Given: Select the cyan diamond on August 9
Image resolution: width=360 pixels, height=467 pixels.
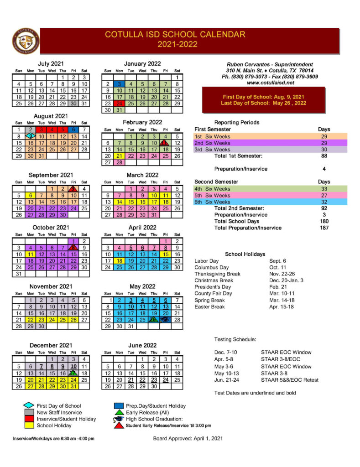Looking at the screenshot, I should click(30, 136).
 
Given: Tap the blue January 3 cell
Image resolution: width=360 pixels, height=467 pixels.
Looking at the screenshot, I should click(119, 84).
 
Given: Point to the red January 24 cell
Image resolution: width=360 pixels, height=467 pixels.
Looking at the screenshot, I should click(119, 104).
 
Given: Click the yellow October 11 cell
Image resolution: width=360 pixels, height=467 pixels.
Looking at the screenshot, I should click(30, 254).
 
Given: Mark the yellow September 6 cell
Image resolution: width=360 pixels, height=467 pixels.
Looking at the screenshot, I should click(30, 195).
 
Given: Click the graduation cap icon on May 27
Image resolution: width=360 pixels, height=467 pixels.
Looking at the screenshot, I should click(165, 320).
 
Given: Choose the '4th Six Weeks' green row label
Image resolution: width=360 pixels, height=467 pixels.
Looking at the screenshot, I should click(213, 189).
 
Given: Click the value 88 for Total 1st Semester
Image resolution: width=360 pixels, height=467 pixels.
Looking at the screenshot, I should click(324, 156).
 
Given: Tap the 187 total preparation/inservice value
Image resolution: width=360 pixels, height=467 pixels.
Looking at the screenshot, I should click(324, 228).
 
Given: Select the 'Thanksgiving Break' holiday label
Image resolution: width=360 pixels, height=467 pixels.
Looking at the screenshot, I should click(217, 274).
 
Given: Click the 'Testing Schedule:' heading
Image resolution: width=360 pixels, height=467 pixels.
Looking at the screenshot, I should click(235, 340).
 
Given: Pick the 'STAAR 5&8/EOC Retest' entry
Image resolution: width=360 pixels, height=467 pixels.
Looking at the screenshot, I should click(290, 379).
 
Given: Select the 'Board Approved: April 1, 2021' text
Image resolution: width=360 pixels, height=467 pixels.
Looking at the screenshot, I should click(188, 439).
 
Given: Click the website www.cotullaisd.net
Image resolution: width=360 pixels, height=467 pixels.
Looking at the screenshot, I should click(272, 83).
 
